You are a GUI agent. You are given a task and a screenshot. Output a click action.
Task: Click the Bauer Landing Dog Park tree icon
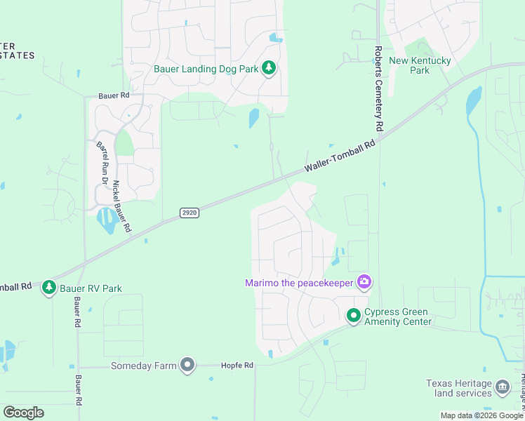(268, 68)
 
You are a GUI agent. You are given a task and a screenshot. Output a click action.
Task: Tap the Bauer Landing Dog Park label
(206, 69)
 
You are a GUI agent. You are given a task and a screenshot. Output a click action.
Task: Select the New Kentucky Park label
(420, 65)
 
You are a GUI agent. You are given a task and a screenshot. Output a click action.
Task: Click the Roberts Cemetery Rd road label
(378, 89)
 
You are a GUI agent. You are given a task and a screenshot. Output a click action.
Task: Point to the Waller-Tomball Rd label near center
(340, 156)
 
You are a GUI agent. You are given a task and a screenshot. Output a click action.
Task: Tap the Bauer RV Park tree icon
(48, 288)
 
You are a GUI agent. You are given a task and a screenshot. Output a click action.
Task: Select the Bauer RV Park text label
(92, 288)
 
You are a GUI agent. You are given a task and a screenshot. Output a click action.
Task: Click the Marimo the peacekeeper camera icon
(364, 282)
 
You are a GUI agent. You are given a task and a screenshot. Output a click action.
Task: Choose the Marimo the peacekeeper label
(299, 283)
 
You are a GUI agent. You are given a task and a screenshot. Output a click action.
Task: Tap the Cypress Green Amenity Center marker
(353, 316)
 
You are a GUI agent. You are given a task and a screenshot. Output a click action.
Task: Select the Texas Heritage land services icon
(503, 387)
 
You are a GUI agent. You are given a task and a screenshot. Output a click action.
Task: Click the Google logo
(23, 413)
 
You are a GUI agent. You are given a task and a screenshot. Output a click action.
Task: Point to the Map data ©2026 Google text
(481, 415)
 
